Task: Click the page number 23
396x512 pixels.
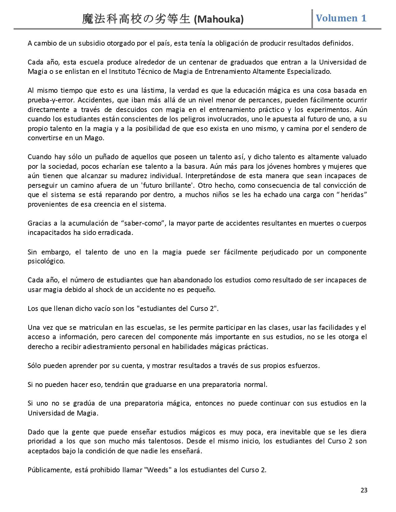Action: click(364, 490)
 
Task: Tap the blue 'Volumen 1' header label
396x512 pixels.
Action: click(341, 18)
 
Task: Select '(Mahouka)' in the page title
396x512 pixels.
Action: click(219, 20)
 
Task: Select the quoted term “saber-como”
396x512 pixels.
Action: click(143, 223)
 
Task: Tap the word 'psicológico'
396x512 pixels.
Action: click(46, 261)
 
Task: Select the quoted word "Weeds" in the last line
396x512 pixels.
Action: click(158, 470)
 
